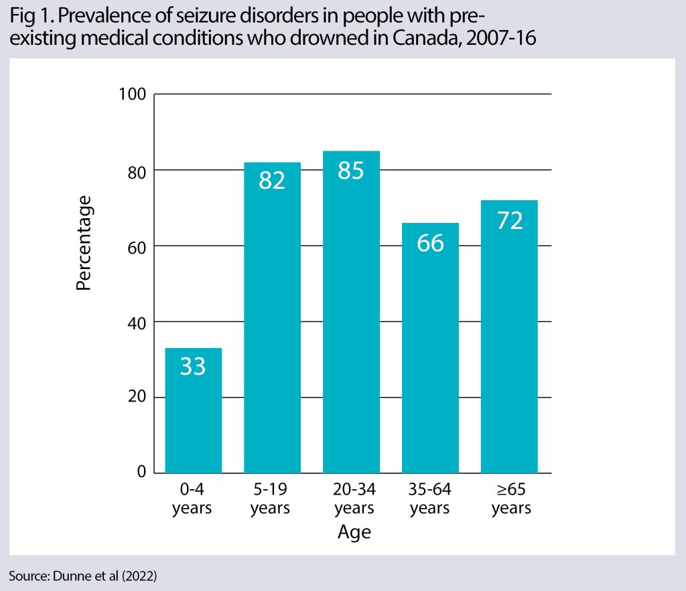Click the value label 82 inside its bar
point(272,181)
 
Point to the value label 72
point(509,220)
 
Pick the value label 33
point(193,367)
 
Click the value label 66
point(430,242)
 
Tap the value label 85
point(351,170)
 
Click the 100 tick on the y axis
point(131,94)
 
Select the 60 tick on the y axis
point(135,246)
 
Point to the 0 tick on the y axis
point(141,473)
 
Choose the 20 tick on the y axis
point(135,398)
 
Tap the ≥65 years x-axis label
point(510,499)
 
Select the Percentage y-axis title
point(83,242)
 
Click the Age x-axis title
point(354,533)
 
